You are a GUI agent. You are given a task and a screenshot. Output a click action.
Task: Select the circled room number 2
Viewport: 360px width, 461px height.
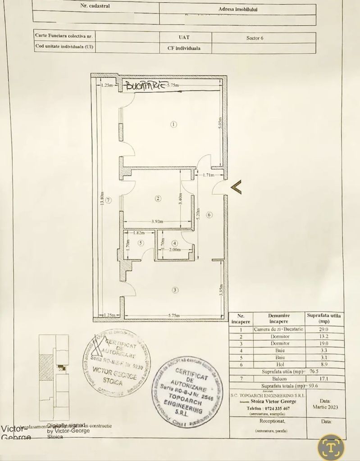point(158,199)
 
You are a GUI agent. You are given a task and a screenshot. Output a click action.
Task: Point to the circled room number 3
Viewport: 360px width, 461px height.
point(175,290)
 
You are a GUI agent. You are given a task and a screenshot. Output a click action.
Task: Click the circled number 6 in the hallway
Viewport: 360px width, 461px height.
point(209,215)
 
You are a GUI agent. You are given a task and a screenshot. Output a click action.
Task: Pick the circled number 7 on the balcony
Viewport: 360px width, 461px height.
point(109,199)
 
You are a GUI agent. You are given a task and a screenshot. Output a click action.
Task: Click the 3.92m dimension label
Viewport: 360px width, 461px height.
point(157,221)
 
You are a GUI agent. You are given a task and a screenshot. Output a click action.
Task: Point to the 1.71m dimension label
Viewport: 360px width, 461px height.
point(208,175)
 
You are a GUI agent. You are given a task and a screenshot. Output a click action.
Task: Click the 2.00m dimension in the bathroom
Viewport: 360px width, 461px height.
point(174,249)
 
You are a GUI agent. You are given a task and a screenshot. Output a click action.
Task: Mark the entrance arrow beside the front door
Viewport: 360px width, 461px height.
point(236,186)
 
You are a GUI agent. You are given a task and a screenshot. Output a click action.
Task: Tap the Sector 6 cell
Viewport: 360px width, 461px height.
point(255,38)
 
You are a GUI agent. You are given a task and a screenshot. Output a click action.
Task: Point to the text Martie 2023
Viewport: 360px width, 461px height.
point(325,407)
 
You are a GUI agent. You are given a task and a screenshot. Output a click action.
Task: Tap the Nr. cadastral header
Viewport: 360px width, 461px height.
point(95,6)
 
